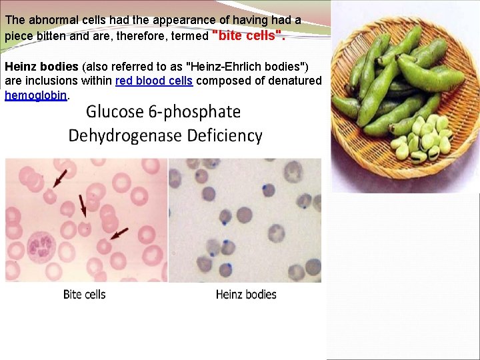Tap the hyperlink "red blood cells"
[x=154, y=81]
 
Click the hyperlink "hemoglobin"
[x=36, y=95]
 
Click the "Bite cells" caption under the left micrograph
[x=85, y=294]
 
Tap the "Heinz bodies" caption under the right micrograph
[x=246, y=294]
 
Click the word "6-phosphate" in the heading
[x=199, y=112]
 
